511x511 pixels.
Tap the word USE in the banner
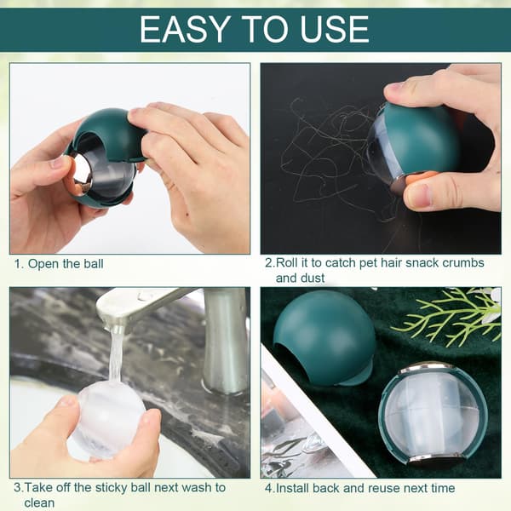[334, 29]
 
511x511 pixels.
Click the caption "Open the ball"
[66, 264]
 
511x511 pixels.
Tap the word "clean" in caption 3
[39, 502]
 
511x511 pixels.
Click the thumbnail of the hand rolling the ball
[381, 158]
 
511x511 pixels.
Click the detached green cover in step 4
[325, 336]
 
